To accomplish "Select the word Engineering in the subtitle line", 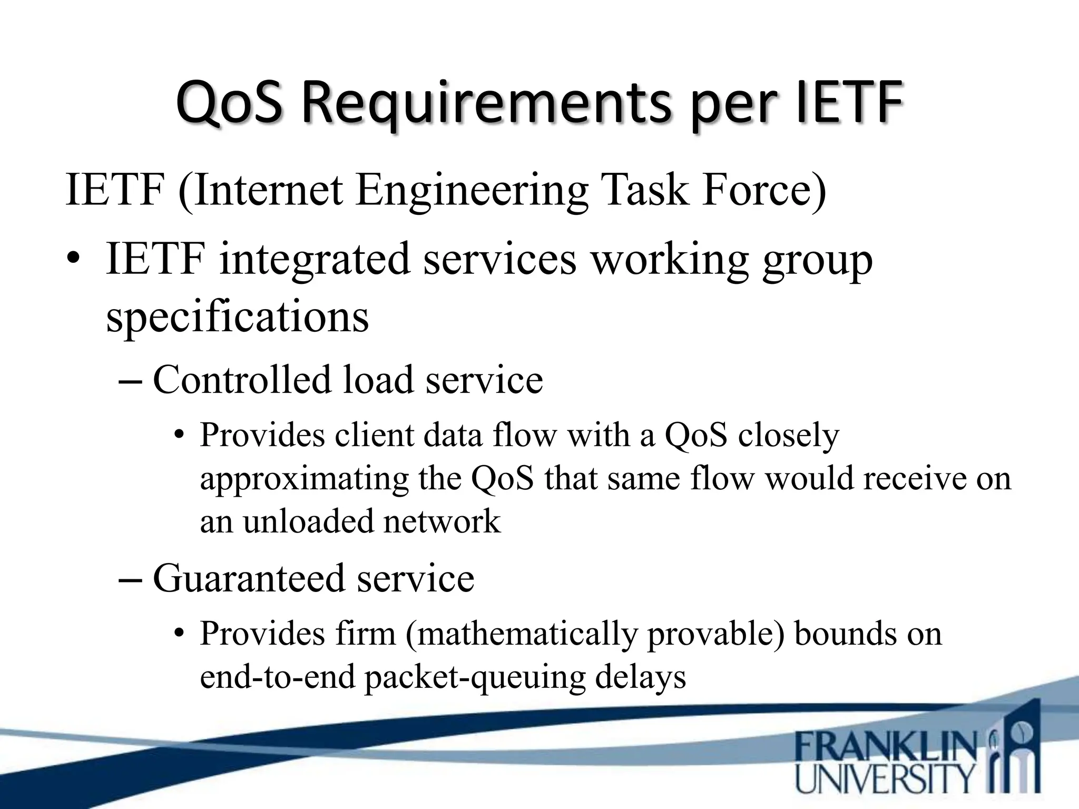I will [472, 191].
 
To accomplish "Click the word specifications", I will [237, 317].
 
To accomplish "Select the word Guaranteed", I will [248, 579].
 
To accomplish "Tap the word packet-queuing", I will [475, 677].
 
